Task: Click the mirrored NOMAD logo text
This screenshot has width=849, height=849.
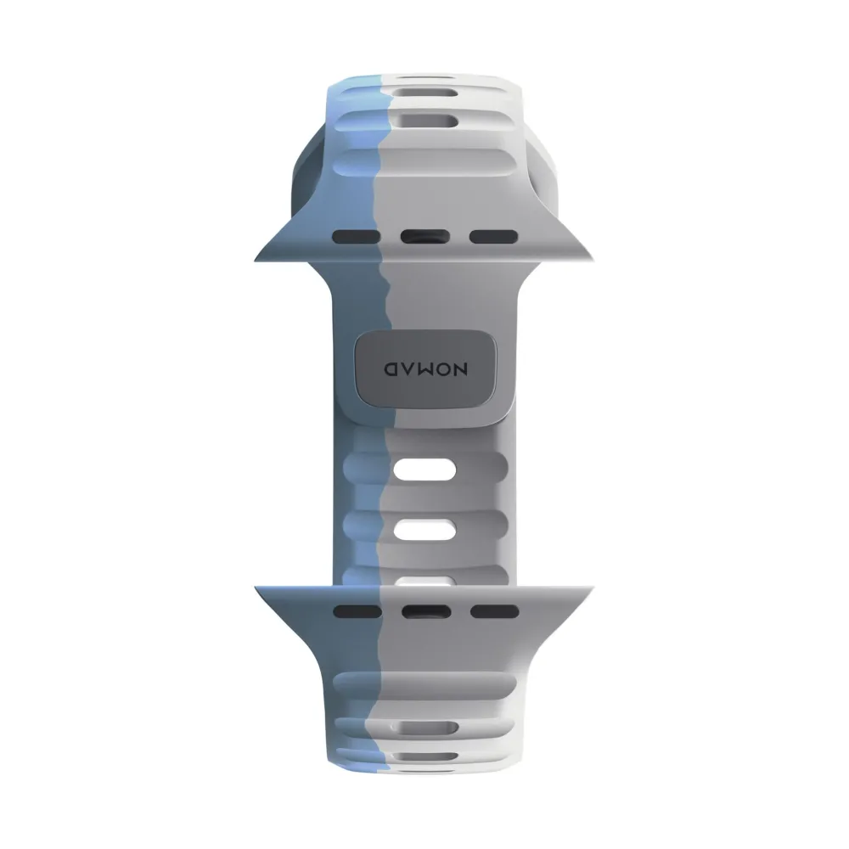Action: click(425, 369)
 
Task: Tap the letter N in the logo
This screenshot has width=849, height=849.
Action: click(460, 369)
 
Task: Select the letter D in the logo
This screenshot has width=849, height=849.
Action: click(391, 369)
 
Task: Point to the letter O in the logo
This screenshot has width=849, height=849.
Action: click(443, 369)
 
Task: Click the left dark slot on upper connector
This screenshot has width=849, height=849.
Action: click(357, 237)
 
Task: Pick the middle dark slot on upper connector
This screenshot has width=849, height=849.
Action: click(425, 237)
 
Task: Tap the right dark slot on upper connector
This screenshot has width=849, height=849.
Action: click(493, 237)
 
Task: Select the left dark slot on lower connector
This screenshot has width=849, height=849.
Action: click(357, 612)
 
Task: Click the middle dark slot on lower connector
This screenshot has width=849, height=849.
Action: click(426, 612)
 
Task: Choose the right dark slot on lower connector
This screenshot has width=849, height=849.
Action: click(494, 612)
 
